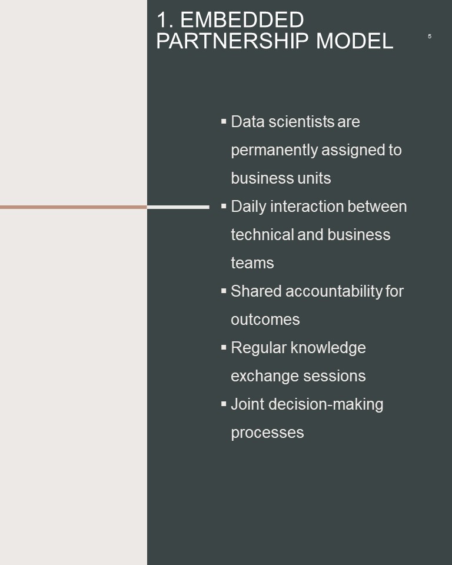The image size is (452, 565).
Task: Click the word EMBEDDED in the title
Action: click(x=242, y=19)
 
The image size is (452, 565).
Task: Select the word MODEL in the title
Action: click(x=355, y=41)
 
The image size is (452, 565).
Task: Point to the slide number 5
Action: click(x=429, y=36)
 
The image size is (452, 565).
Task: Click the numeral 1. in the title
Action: click(x=165, y=19)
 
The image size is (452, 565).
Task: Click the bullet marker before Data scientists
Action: click(x=224, y=121)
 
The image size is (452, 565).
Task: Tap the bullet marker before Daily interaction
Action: click(x=224, y=206)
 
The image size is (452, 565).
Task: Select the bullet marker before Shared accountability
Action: click(x=224, y=291)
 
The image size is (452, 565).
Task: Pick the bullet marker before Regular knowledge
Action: click(x=224, y=347)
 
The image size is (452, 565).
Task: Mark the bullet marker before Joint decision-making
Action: click(x=224, y=404)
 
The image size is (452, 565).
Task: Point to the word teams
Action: click(x=252, y=263)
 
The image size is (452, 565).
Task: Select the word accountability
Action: click(x=334, y=291)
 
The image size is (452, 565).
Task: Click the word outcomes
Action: click(x=265, y=320)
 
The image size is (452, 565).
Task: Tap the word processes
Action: click(x=267, y=433)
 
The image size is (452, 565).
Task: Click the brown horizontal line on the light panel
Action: click(x=74, y=207)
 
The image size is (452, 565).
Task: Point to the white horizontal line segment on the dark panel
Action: click(x=178, y=207)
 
